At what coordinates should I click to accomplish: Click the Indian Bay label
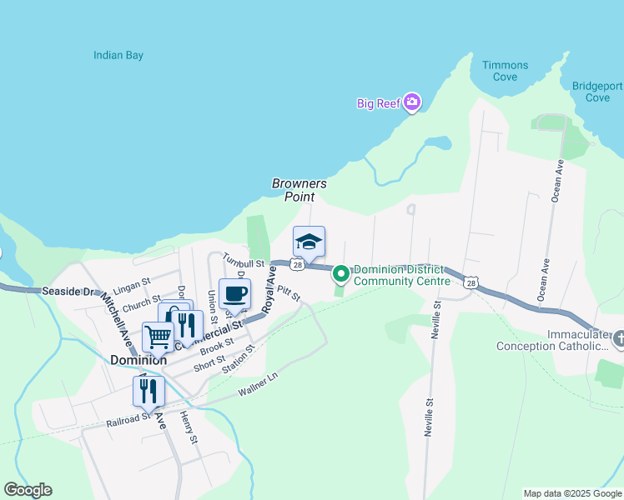118,56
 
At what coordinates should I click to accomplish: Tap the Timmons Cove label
506,71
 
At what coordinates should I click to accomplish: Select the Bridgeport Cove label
597,92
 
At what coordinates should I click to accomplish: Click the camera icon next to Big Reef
411,102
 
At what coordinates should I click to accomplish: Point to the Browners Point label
299,190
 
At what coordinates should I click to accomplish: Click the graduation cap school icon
309,242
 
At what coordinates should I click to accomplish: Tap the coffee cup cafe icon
234,293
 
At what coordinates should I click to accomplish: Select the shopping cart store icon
158,337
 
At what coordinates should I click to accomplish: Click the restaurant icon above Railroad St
149,391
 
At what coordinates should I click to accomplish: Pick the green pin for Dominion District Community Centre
340,272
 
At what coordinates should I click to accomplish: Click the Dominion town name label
138,360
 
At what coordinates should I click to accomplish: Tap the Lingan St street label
131,286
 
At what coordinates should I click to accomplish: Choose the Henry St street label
189,427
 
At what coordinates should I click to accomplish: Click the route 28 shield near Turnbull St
297,264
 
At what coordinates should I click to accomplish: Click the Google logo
28,490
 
